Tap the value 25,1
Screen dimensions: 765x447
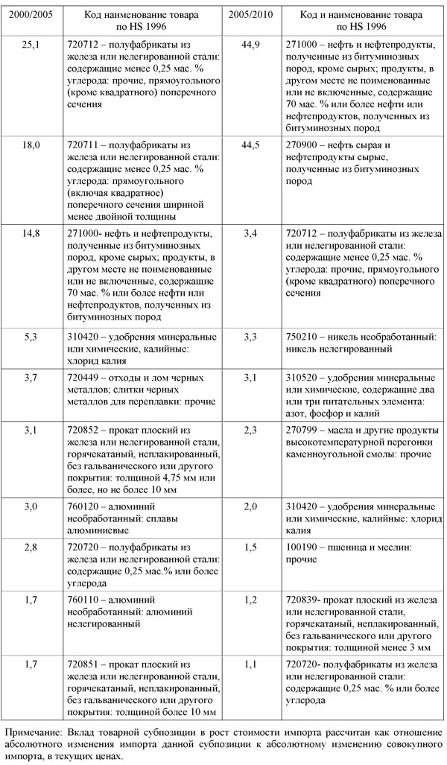(x=31, y=45)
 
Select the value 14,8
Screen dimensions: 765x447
(x=31, y=233)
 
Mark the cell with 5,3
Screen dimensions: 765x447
(x=31, y=336)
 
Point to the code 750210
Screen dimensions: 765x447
(x=301, y=336)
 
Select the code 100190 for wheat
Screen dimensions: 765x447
(x=301, y=547)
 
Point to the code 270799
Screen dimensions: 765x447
(x=301, y=430)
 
